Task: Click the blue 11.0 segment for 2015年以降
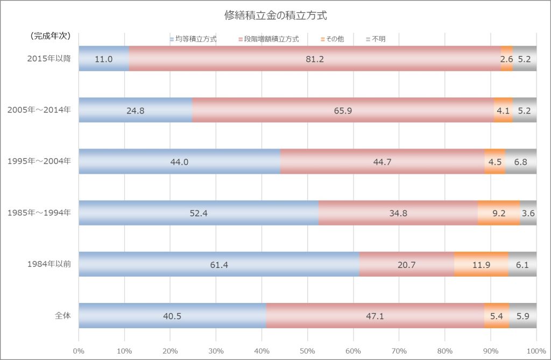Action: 104,59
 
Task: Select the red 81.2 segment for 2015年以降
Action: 315,59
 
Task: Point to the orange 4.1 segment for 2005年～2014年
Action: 503,110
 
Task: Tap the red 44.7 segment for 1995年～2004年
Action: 382,162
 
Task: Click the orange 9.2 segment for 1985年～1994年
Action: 499,213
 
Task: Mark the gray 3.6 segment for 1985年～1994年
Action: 528,213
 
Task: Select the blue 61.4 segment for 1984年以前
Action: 219,264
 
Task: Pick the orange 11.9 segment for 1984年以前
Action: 481,264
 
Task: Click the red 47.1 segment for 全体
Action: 375,316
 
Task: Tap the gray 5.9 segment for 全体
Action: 522,316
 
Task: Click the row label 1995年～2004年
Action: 39,162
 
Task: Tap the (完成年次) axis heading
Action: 48,37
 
